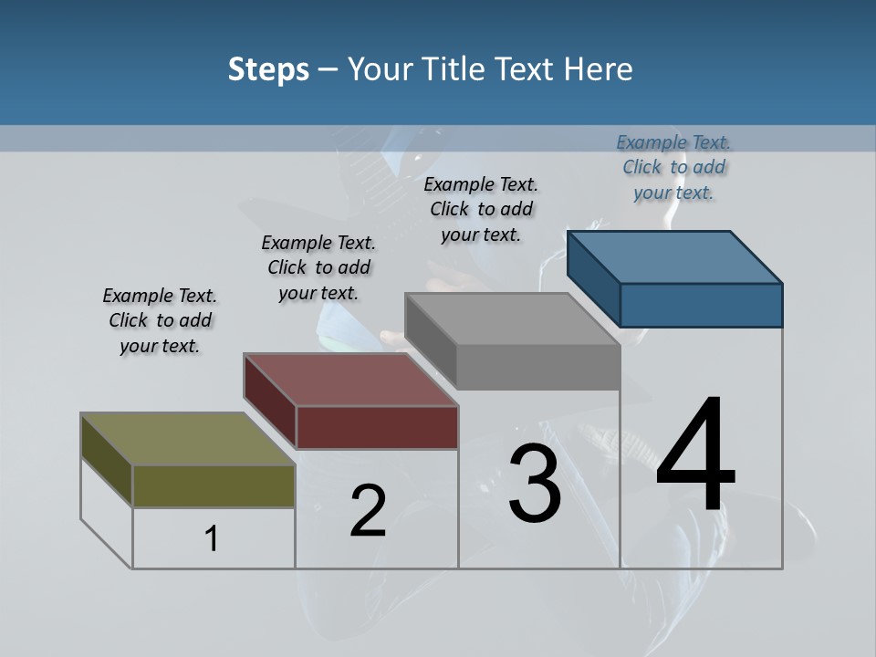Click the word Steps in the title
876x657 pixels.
(x=268, y=69)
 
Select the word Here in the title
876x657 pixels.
(x=599, y=69)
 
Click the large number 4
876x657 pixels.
(x=695, y=456)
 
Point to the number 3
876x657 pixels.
(x=535, y=483)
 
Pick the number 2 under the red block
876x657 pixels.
(x=368, y=511)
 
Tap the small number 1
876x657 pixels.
(x=212, y=539)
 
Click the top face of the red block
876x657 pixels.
(x=351, y=379)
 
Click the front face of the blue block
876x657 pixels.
(x=701, y=305)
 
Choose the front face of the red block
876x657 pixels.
(x=377, y=427)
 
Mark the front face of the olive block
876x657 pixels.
(x=214, y=485)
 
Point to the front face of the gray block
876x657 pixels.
(x=538, y=367)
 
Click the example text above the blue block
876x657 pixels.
(x=673, y=167)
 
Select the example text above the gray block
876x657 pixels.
(x=481, y=209)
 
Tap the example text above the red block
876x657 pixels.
(x=318, y=267)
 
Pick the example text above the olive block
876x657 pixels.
(x=160, y=320)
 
